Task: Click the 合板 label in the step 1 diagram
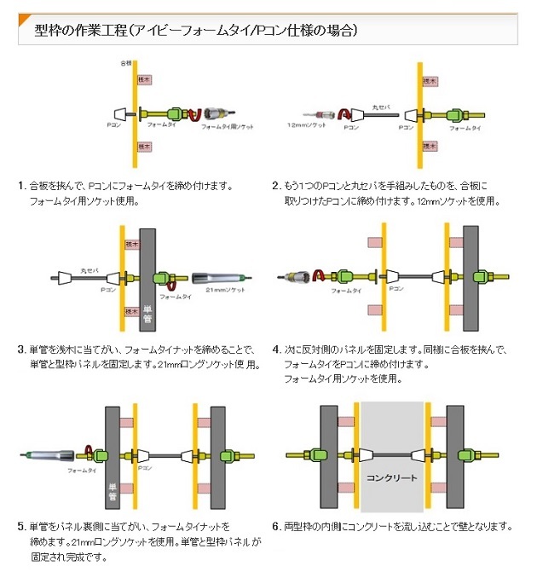(x=126, y=64)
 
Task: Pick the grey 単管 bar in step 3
(x=146, y=281)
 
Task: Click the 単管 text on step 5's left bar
(x=112, y=489)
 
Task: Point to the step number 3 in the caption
(x=21, y=350)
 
